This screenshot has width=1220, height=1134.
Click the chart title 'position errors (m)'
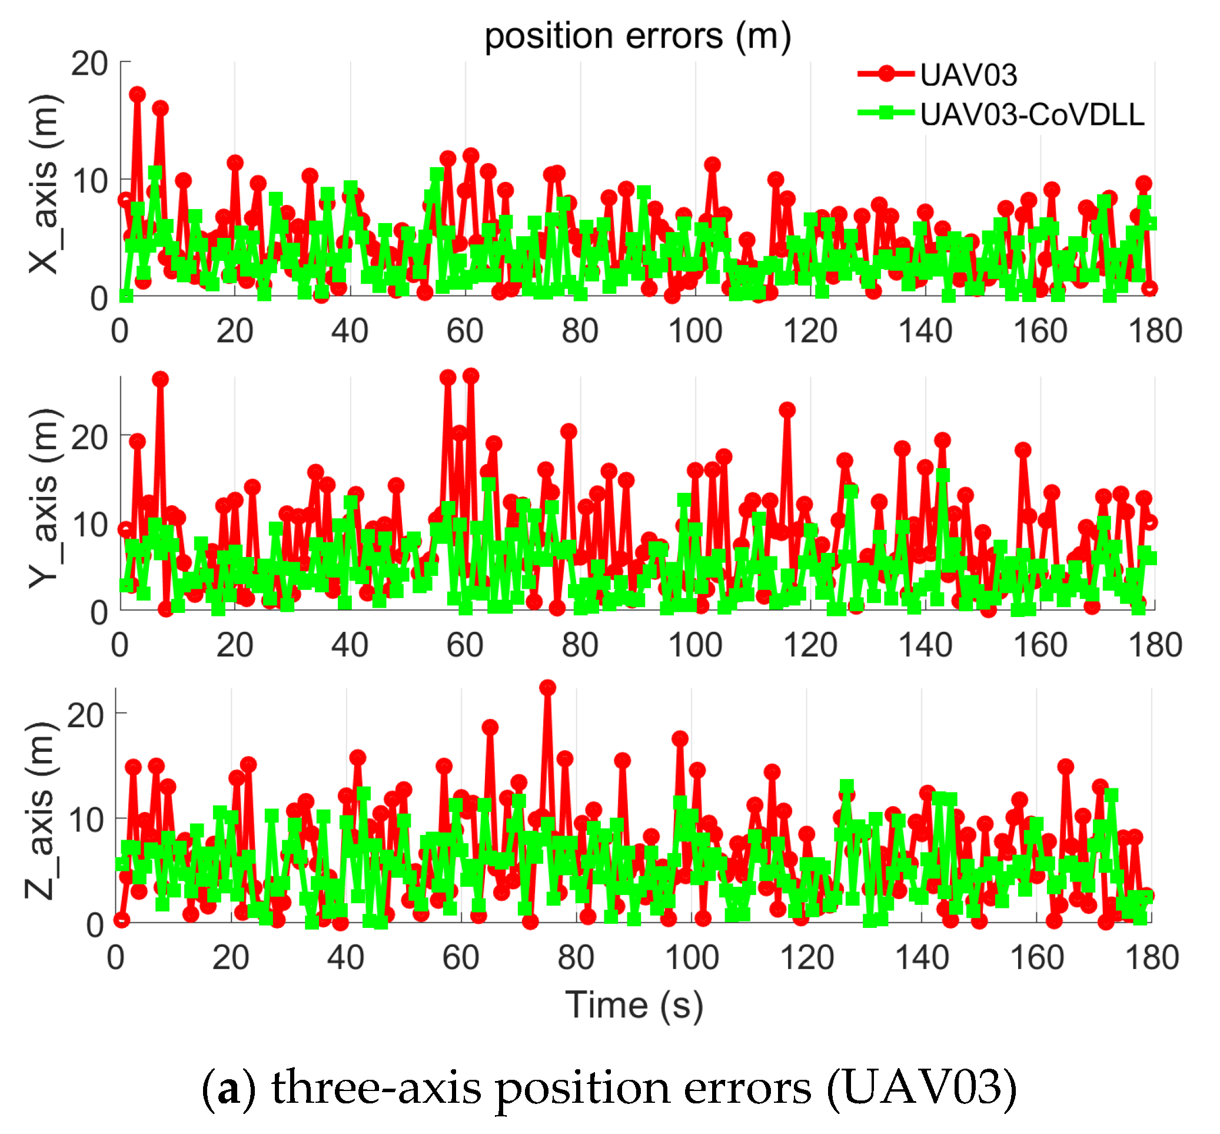tap(637, 35)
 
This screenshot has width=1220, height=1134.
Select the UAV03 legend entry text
tap(969, 75)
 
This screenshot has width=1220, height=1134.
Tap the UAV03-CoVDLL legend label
tap(1032, 115)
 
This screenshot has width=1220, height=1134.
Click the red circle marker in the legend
tap(886, 74)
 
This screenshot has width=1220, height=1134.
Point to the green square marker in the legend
tap(886, 113)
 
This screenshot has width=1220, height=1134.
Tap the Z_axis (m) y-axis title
tap(41, 811)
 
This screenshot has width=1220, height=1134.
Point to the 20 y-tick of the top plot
tap(89, 63)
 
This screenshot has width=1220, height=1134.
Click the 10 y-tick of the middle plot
tap(89, 525)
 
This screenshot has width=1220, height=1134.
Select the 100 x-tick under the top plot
tap(694, 331)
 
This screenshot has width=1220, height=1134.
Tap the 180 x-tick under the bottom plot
tap(1151, 958)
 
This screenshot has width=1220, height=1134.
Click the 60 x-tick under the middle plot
tap(464, 645)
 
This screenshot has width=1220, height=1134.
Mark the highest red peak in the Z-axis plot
tap(547, 688)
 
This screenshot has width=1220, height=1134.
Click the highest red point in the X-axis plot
tap(137, 94)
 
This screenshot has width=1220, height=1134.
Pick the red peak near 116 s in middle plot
tap(787, 409)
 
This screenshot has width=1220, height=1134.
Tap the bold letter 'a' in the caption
tap(229, 1089)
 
